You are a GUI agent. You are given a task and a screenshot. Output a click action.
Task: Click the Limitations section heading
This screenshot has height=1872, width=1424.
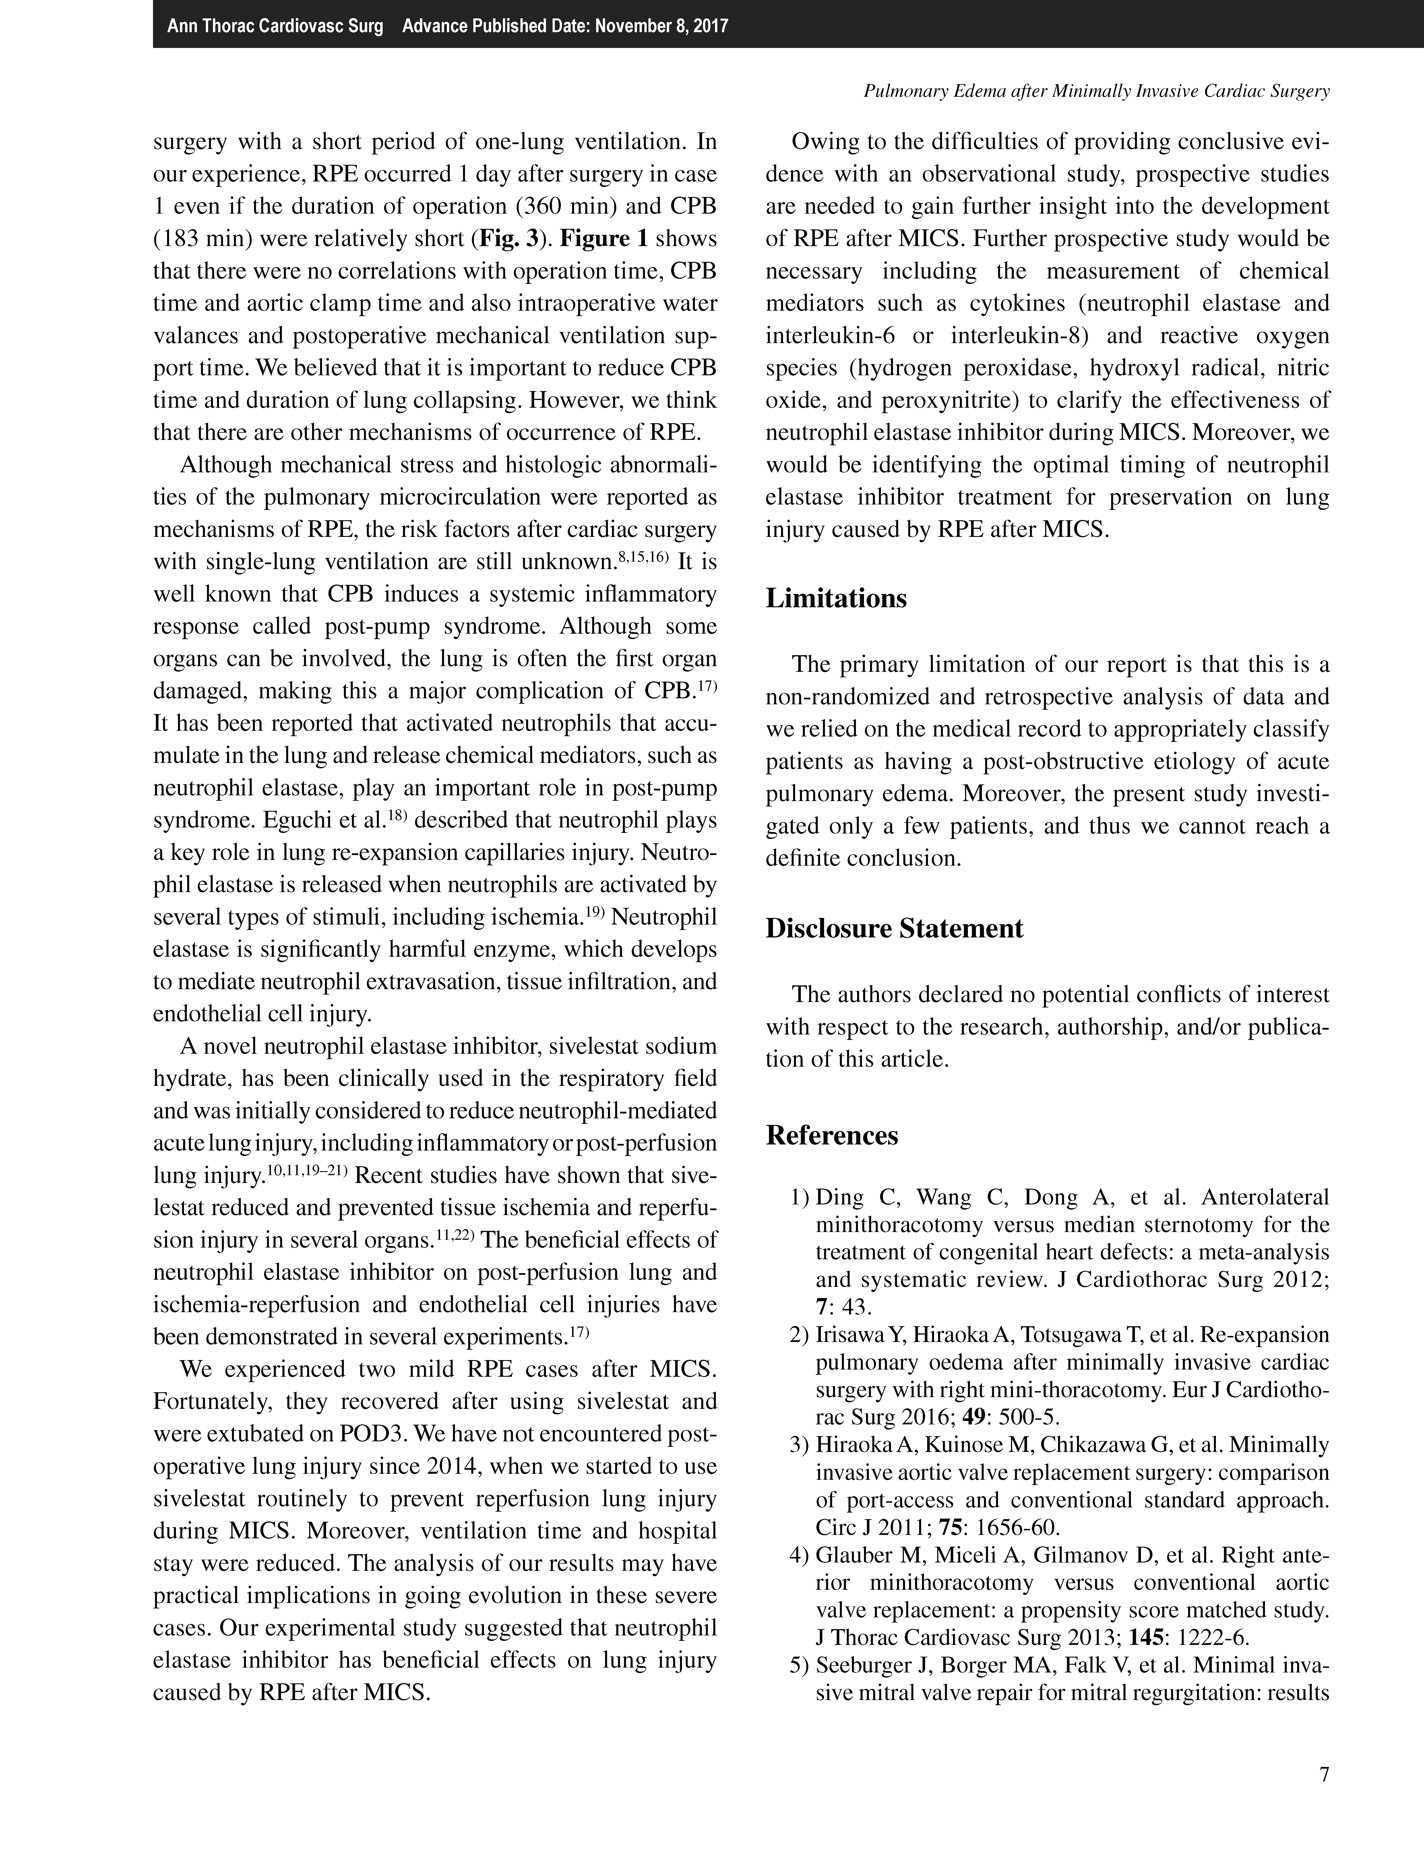pyautogui.click(x=836, y=599)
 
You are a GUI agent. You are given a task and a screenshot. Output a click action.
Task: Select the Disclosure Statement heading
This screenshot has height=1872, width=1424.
pyautogui.click(x=894, y=928)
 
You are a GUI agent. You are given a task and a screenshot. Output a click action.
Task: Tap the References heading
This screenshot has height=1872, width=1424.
pyautogui.click(x=832, y=1135)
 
